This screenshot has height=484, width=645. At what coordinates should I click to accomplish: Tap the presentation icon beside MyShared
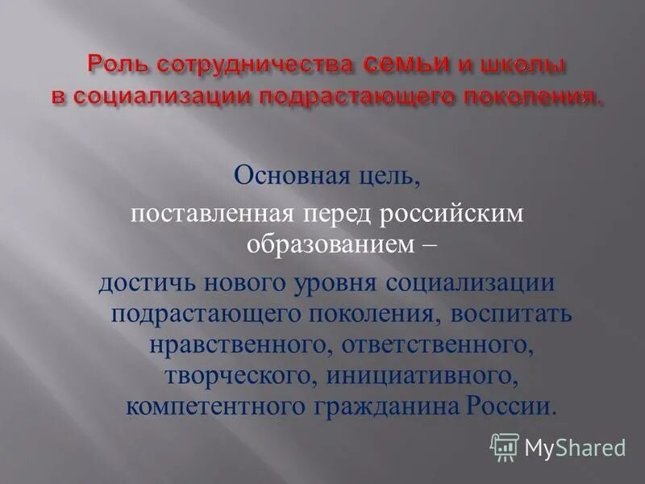click(x=505, y=446)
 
